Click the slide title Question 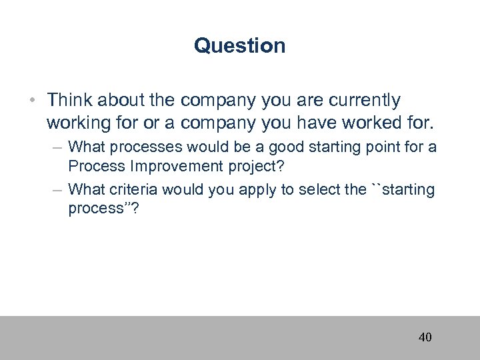pos(239,45)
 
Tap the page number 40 pos(425,337)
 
